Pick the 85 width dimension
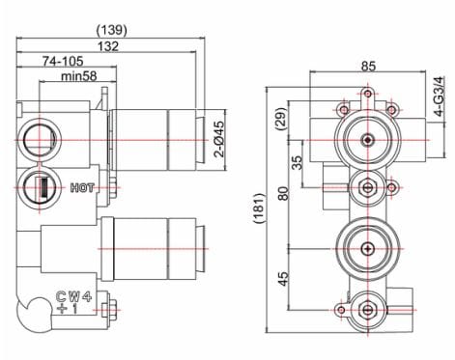[367, 67]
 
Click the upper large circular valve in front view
[367, 141]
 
